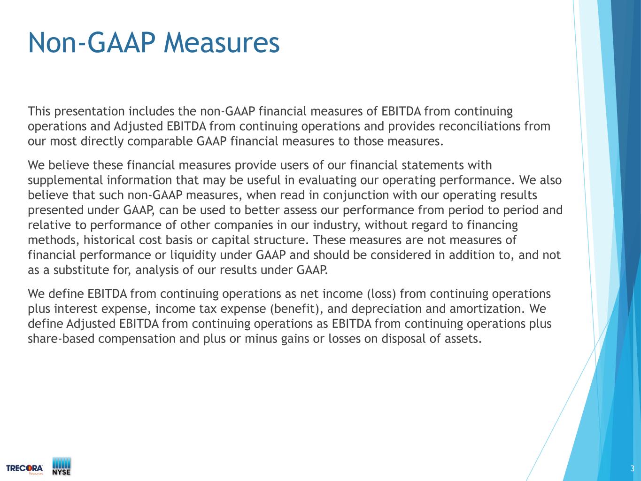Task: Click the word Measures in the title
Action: (222, 43)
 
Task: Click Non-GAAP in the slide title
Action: (92, 43)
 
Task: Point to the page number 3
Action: (632, 468)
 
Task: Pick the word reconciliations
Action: (480, 126)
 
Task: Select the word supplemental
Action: (65, 180)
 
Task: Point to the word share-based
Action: (62, 339)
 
